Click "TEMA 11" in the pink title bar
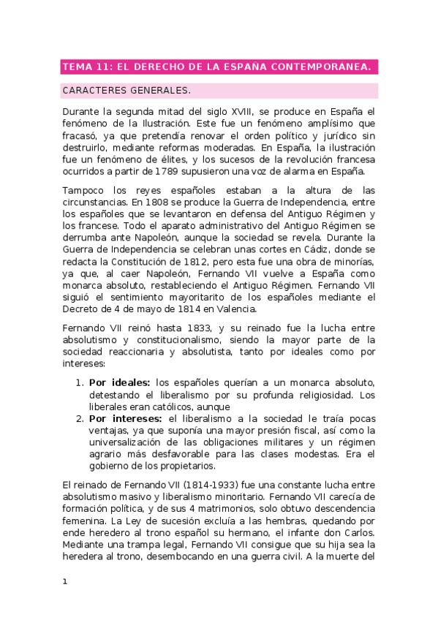[x=85, y=67]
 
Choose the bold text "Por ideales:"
[x=119, y=382]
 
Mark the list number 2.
[x=80, y=418]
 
